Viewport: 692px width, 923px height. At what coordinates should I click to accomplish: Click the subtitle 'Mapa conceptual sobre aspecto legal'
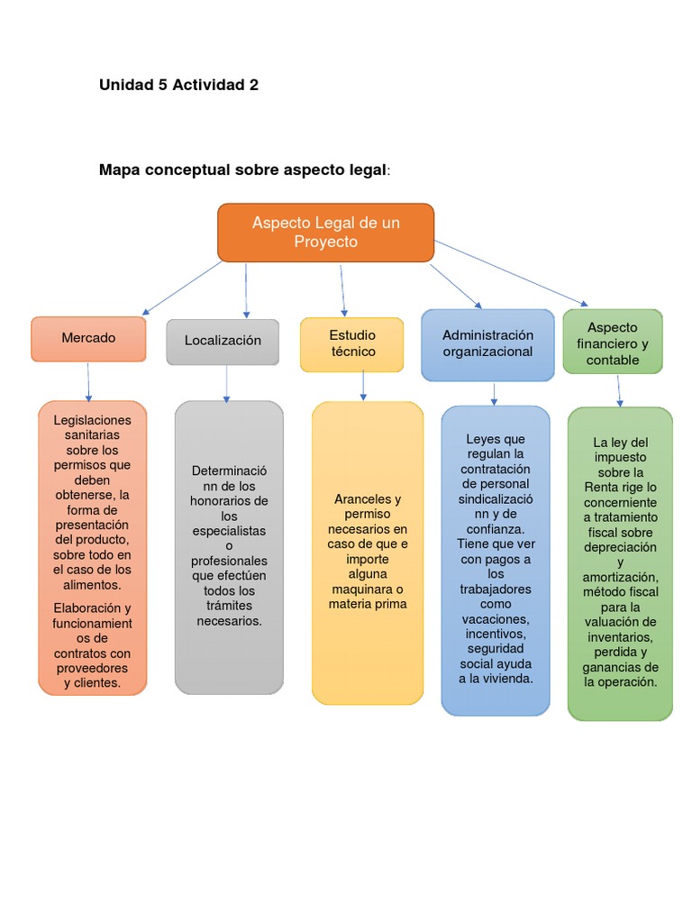244,169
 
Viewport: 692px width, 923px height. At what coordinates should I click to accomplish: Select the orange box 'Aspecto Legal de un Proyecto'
325,232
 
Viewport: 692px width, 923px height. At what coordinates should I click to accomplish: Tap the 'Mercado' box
88,338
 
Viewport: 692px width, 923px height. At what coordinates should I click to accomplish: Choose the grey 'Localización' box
223,341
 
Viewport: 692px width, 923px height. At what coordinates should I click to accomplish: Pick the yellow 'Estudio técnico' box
352,343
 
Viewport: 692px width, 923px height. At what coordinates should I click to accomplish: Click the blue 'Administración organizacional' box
487,343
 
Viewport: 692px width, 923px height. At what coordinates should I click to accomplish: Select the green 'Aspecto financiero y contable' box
613,343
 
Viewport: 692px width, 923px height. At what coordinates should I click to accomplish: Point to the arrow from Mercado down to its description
88,381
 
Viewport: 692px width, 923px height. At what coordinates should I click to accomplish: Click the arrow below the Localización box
226,383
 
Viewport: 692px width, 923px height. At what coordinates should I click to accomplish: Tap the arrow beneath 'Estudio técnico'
363,385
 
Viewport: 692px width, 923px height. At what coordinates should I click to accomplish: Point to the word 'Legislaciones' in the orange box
92,420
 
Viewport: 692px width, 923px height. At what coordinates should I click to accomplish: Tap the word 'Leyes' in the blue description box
482,439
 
